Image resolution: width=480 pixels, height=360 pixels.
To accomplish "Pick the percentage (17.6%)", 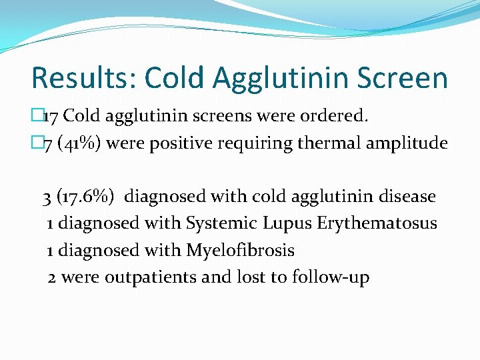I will coord(90,197).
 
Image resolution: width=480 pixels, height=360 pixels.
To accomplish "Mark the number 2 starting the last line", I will coord(52,277).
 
